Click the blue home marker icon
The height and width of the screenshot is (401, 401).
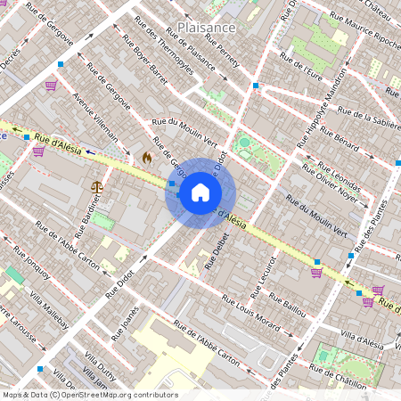(x=200, y=192)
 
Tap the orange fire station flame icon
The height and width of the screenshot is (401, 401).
(x=146, y=156)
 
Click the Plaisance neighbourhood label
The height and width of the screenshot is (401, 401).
(x=206, y=28)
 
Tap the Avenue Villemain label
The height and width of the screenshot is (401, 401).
(x=94, y=118)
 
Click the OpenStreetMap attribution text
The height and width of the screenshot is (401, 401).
(x=90, y=395)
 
